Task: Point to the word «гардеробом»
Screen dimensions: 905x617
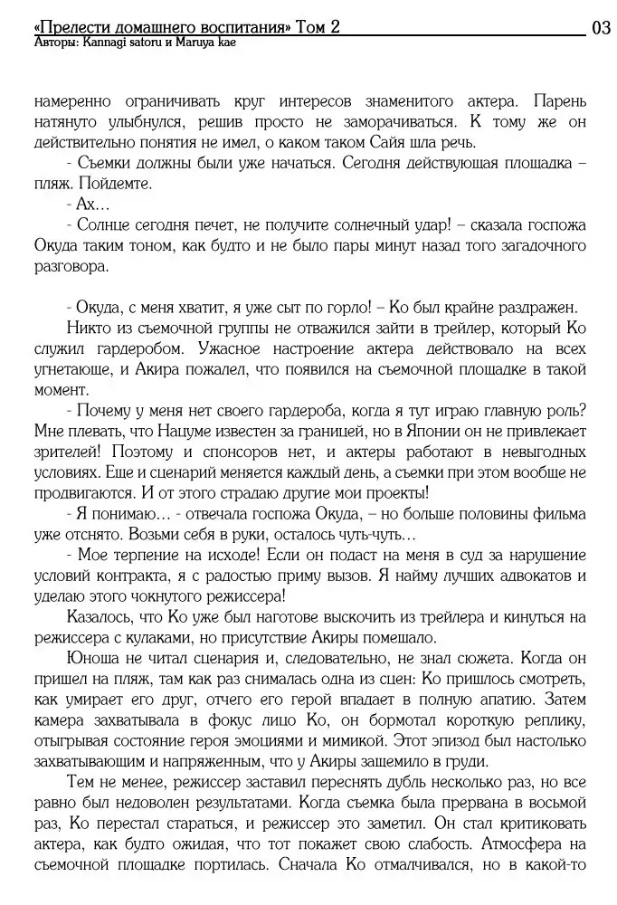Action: [x=123, y=348]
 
